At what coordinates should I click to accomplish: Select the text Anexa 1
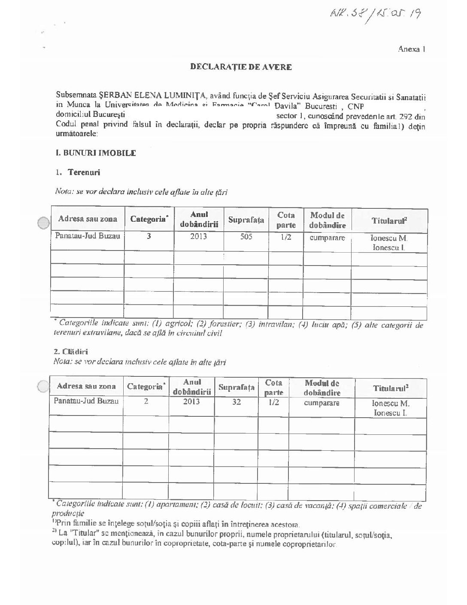(411, 49)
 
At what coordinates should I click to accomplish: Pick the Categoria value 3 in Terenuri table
(149, 236)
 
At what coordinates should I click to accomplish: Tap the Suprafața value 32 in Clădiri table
(236, 402)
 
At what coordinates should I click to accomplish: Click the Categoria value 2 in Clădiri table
(146, 402)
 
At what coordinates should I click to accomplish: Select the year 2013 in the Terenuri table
(198, 236)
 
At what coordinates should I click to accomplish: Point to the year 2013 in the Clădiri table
(191, 402)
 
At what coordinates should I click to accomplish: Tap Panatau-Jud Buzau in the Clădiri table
(81, 401)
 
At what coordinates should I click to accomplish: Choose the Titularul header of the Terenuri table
(389, 220)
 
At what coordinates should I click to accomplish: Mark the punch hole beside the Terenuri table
(43, 223)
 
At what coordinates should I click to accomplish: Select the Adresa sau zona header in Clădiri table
(86, 386)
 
